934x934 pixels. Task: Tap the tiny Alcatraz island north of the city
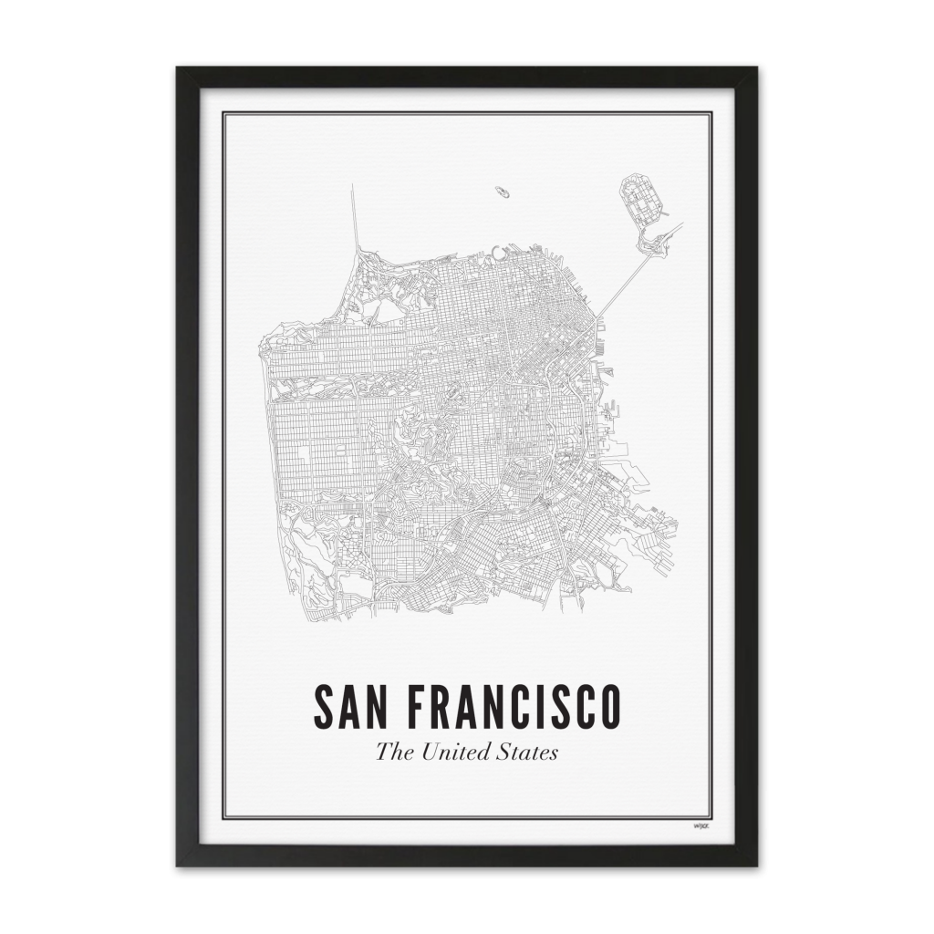pyautogui.click(x=503, y=192)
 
